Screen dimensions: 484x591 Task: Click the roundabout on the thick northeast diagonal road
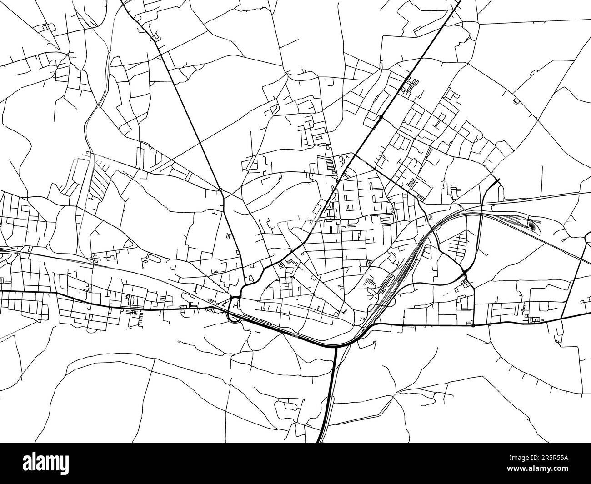click(x=381, y=117)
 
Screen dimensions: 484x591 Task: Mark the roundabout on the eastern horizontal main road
click(x=473, y=325)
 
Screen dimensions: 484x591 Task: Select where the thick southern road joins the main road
click(x=336, y=348)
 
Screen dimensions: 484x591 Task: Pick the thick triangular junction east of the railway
click(x=464, y=274)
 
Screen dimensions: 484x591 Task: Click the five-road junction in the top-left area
click(x=67, y=55)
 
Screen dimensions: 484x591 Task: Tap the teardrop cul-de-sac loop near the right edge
click(x=565, y=239)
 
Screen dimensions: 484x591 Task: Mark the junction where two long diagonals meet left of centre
click(x=220, y=189)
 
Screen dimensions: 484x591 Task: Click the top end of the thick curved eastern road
click(x=498, y=180)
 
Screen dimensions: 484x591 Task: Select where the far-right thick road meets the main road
click(x=562, y=318)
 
